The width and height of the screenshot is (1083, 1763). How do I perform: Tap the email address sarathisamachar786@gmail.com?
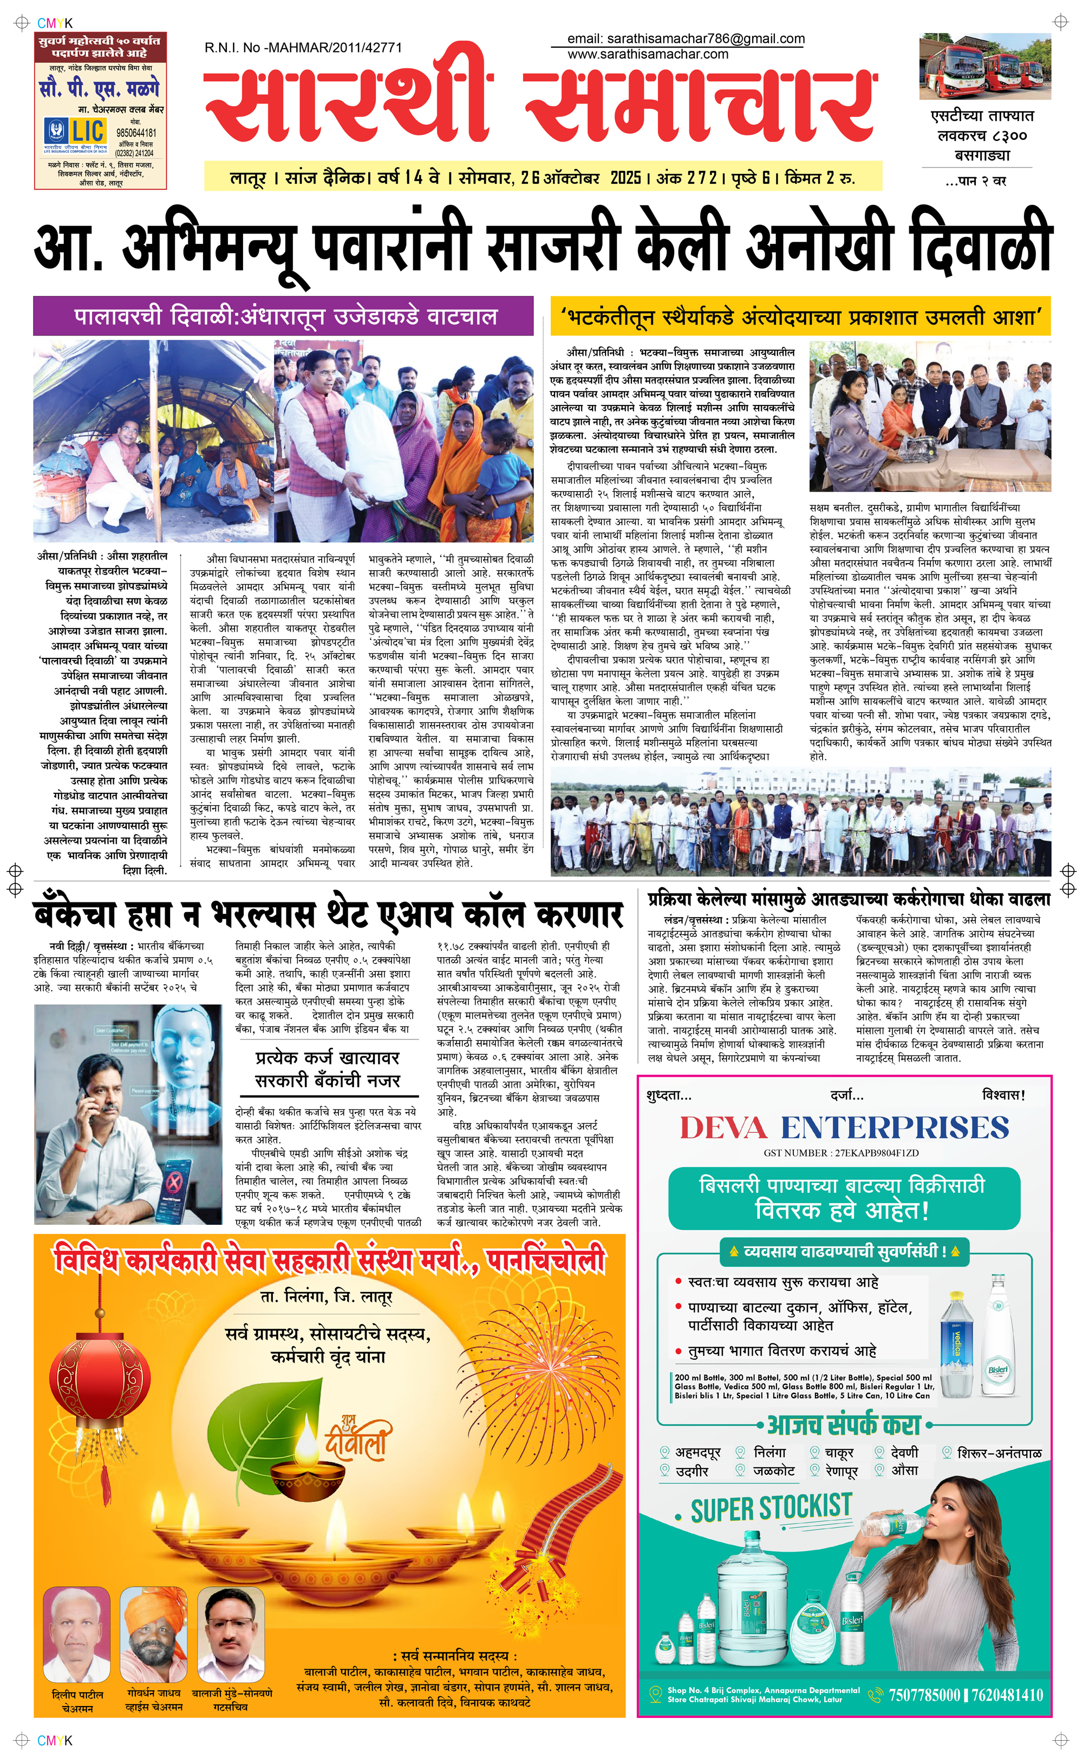point(686,38)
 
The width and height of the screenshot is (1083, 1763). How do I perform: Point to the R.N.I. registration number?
point(303,48)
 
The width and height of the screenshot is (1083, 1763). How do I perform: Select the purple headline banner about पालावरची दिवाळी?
point(284,316)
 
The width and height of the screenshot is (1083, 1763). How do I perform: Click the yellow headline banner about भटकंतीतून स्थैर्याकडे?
point(800,317)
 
